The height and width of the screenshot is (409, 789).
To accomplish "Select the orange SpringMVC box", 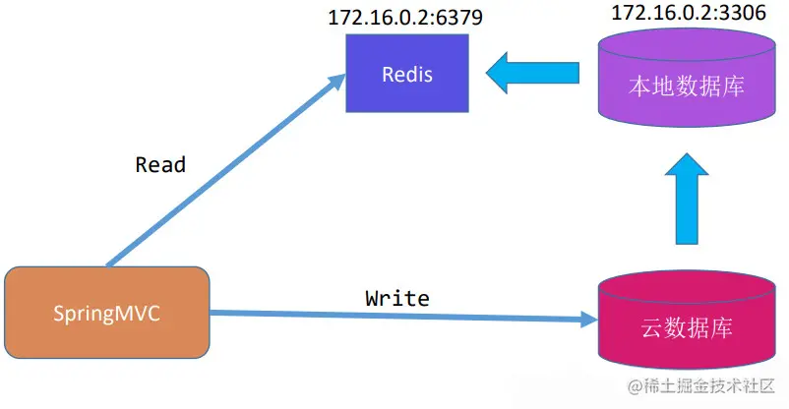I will point(107,313).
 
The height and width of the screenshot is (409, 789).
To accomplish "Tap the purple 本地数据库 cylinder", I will point(686,84).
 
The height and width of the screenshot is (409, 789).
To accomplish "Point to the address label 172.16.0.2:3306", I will point(688,13).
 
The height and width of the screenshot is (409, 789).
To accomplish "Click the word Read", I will point(160,164).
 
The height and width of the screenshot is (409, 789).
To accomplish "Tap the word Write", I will point(397,296).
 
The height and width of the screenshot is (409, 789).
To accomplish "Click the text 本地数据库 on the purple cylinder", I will point(686,87).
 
